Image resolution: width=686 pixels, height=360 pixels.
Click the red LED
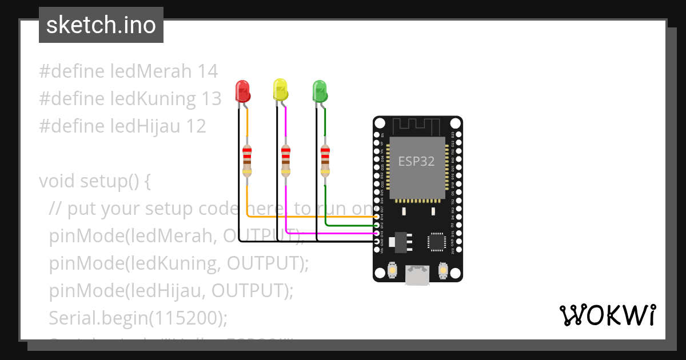click(243, 91)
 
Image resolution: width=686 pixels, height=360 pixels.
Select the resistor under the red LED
click(247, 160)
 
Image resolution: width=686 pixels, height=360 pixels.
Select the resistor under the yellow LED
click(286, 160)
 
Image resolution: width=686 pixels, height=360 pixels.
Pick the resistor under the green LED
click(325, 160)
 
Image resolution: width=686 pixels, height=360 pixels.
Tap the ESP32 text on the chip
click(416, 161)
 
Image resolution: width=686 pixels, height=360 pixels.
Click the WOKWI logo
click(607, 315)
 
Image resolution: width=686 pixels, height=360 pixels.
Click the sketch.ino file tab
click(101, 25)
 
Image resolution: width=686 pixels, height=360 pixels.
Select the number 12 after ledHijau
click(196, 126)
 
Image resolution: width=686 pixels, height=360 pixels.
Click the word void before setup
click(57, 181)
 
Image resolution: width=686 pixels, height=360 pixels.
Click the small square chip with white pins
click(437, 241)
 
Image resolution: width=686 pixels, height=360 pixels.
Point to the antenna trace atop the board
click(417, 125)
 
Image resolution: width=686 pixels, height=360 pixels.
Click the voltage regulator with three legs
click(402, 241)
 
